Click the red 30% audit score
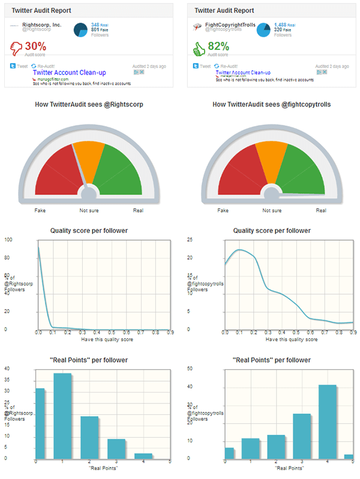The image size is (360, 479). (x=35, y=46)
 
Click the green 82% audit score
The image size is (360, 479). (x=219, y=46)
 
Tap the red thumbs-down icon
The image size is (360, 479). (x=16, y=47)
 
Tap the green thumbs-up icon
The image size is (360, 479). (x=199, y=47)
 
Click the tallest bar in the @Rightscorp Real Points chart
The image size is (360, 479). (x=63, y=415)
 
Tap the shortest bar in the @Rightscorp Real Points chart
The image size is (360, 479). (x=143, y=456)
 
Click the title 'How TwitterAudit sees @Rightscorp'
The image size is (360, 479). (x=88, y=104)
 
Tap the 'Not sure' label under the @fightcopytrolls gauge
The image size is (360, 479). (x=272, y=211)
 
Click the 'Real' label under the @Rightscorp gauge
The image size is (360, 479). (x=138, y=211)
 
